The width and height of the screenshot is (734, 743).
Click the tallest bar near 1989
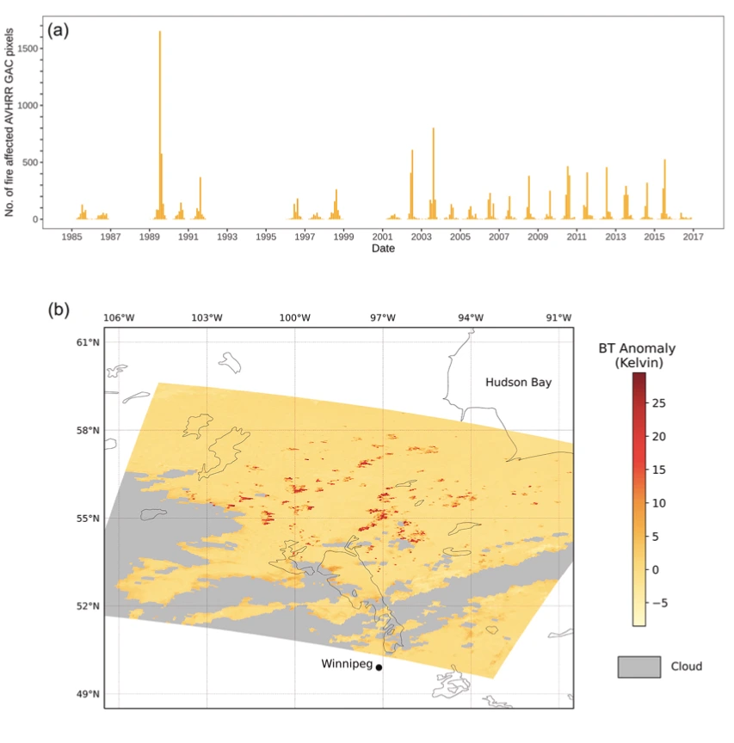160,125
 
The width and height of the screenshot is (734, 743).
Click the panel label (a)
59,30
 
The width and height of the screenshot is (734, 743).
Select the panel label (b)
59,308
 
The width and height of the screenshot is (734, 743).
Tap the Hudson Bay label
517,382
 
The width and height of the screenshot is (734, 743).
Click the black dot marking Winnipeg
379,667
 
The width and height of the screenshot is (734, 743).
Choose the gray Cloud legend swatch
639,666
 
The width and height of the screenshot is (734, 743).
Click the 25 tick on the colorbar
659,402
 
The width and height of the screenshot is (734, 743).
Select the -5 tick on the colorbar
660,603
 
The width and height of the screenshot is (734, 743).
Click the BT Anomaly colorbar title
637,355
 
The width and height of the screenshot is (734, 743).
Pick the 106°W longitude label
119,317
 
